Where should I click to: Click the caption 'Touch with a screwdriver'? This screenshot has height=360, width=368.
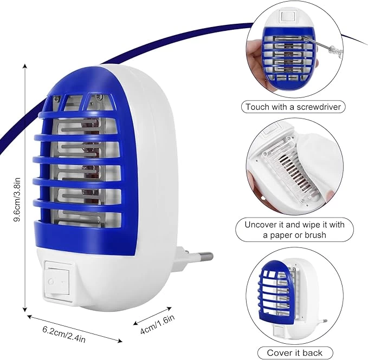[293, 107]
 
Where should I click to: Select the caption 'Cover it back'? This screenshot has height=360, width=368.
[294, 352]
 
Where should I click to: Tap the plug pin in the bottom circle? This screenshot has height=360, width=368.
[324, 320]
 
